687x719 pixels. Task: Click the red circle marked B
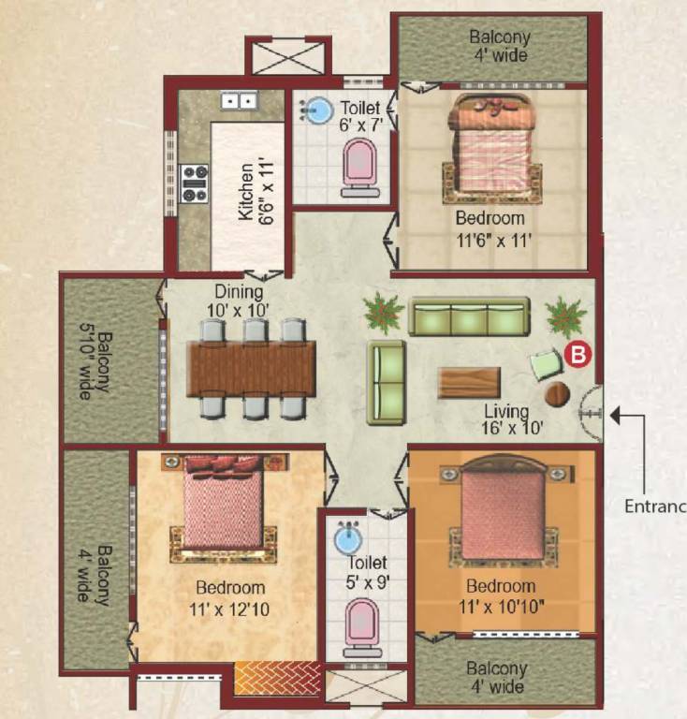coord(578,355)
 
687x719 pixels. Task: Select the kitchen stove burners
coord(195,182)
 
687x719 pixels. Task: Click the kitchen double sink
coord(239,100)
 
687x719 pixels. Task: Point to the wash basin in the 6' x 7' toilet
coord(319,111)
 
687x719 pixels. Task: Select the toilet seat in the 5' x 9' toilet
coord(362,624)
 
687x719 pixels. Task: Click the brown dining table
coord(251,368)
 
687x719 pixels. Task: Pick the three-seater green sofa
coord(469,316)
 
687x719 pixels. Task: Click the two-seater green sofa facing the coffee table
coord(386,381)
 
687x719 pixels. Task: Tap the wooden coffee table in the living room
coord(469,382)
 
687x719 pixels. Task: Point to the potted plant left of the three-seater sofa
coord(384,313)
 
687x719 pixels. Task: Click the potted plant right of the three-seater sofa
coord(565,316)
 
